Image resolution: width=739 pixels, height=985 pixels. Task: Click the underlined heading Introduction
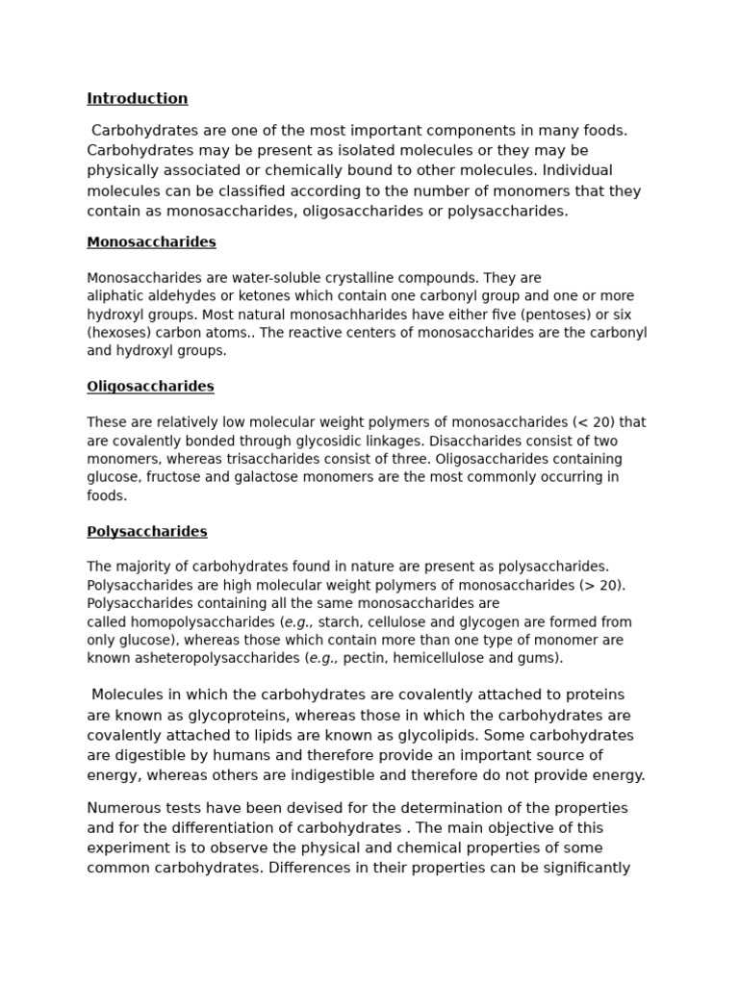click(137, 98)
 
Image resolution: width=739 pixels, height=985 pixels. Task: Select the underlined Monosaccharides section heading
click(151, 242)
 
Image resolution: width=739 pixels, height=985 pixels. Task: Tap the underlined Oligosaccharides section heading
click(150, 387)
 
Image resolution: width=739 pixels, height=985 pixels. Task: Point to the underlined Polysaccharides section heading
click(146, 531)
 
